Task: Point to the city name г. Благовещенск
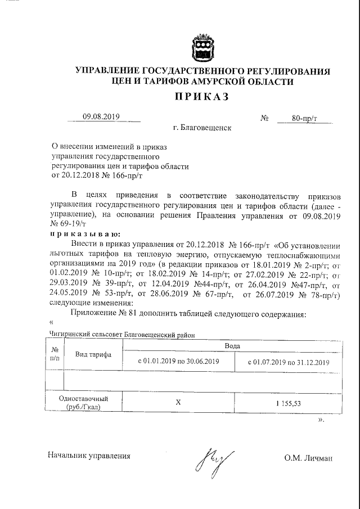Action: (202, 128)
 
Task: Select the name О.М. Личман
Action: (308, 457)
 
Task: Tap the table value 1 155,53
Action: (288, 403)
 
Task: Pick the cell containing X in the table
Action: (178, 403)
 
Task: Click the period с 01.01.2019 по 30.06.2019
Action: (178, 362)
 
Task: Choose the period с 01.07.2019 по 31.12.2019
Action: (288, 362)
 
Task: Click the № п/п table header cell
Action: (55, 355)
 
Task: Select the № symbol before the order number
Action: (264, 118)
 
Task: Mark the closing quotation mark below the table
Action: (321, 420)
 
